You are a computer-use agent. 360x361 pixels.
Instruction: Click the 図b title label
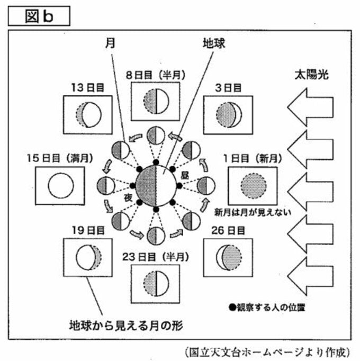coord(39,16)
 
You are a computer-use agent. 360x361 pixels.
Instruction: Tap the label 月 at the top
coord(110,43)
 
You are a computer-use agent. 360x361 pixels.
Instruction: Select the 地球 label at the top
coord(214,43)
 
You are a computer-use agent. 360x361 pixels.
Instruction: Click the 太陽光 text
coord(311,75)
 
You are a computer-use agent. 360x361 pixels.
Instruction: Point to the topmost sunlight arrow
coord(310,107)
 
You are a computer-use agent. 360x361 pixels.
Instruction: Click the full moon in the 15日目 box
coord(61,186)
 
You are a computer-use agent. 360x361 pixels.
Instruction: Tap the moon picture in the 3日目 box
coord(229,115)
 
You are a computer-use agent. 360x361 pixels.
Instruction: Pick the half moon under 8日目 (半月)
coord(156,101)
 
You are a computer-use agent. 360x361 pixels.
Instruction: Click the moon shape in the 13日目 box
coord(88,115)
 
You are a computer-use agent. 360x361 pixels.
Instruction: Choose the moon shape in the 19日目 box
coord(88,257)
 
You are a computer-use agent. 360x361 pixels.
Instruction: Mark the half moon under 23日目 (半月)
coord(156,283)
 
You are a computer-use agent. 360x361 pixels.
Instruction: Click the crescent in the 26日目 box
coord(229,257)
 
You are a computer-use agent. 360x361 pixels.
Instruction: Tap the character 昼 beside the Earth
coord(185,175)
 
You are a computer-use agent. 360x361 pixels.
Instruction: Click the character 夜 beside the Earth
coord(128,197)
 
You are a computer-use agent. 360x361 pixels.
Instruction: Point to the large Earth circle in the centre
coord(156,186)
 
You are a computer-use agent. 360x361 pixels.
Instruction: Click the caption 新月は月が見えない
coord(253,212)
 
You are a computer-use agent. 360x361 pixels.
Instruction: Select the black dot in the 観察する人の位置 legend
coord(232,307)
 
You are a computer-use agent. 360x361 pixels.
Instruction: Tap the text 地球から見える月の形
coord(126,326)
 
